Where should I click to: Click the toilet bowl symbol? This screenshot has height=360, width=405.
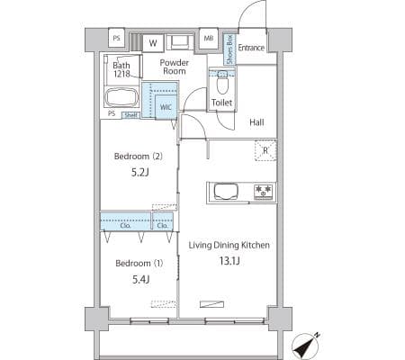pos(221,83)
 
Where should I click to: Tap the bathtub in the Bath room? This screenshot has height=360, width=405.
pos(121,97)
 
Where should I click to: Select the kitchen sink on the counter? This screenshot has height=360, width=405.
pos(226,192)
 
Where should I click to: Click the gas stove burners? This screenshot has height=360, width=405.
pos(264,192)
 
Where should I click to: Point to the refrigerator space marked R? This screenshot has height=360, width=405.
pos(265,150)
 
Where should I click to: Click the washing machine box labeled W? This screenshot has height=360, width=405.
pos(153,43)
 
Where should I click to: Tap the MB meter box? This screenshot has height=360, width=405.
pos(209,38)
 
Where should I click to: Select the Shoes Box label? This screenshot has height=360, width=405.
pos(229,49)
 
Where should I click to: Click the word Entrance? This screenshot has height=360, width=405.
pos(251,48)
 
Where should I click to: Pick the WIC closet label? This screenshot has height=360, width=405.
pos(166,107)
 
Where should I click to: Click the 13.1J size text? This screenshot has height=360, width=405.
pos(229,261)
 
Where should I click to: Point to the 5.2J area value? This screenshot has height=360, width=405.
pos(140,173)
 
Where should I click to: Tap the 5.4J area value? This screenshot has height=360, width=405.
pos(141,280)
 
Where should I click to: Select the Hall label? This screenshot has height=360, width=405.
pos(256,122)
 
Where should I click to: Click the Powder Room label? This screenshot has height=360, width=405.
pos(175,67)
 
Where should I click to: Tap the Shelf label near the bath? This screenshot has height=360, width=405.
pos(130,115)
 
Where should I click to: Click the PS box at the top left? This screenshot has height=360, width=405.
pos(116,38)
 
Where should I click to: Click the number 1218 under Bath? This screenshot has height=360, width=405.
pos(121,74)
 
